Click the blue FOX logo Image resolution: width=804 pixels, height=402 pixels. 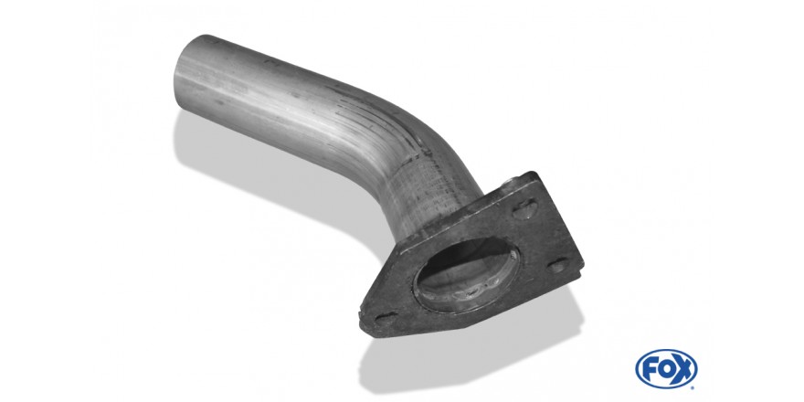[666, 369]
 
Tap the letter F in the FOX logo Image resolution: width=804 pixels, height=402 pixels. [649, 369]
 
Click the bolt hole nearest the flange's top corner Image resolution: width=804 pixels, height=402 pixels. [525, 208]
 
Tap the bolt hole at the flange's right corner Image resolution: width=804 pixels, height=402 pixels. [558, 265]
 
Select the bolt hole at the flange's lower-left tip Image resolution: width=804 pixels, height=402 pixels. [386, 317]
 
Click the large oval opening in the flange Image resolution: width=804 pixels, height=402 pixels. [467, 273]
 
